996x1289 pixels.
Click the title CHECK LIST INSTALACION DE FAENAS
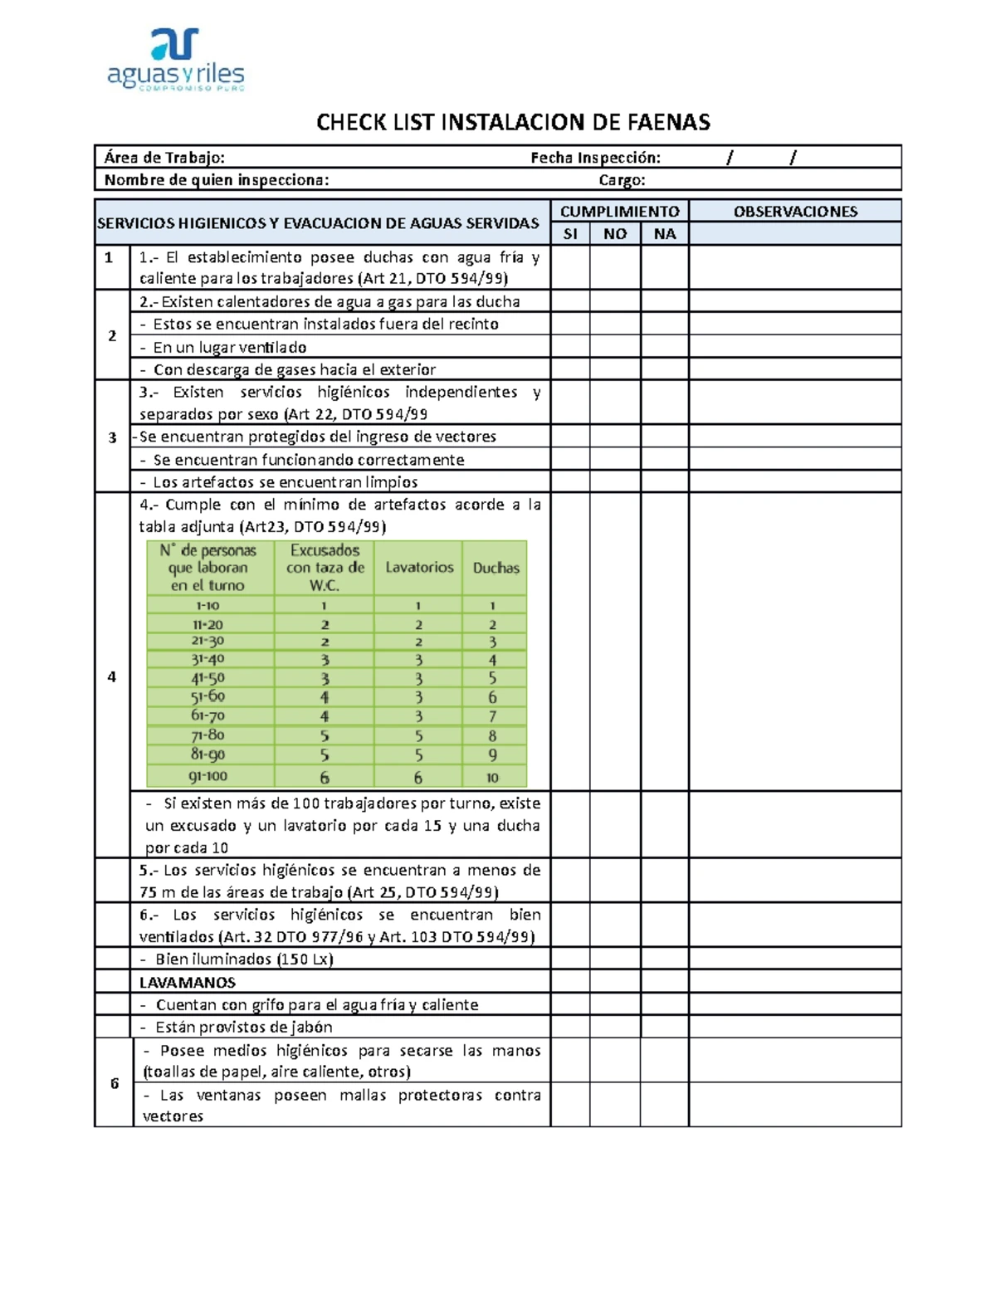tap(513, 123)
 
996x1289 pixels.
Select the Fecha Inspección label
tap(595, 158)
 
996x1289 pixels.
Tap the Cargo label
tap(622, 180)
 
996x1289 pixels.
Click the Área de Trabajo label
tap(164, 158)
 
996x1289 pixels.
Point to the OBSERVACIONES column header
tap(794, 212)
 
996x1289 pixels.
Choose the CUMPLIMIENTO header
tap(619, 212)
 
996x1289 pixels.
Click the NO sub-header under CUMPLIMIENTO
tap(615, 234)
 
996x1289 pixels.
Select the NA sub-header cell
tap(664, 234)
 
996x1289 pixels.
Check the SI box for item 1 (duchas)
tap(570, 267)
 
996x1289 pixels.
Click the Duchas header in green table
tap(496, 568)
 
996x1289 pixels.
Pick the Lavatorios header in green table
tap(419, 568)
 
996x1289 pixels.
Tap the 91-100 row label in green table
tap(207, 777)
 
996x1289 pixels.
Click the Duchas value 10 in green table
tap(492, 778)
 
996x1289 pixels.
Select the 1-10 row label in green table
tap(207, 606)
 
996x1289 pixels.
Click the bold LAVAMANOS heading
tap(188, 983)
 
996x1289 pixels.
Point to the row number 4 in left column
tap(112, 676)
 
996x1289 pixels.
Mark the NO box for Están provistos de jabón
tap(615, 1027)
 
